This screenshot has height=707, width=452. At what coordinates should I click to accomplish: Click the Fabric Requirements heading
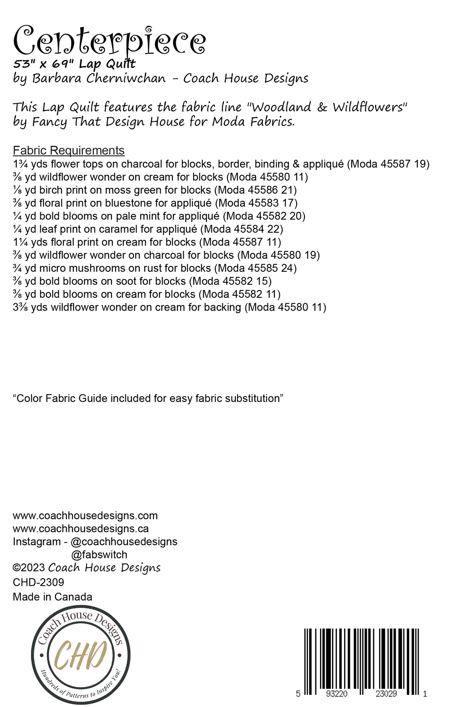69,150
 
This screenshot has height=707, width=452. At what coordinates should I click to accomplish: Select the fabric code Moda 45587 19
388,164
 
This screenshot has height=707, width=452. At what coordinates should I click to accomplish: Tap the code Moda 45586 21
257,190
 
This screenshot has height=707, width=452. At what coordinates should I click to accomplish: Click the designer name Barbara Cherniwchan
99,78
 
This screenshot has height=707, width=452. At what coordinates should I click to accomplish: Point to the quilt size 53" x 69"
43,64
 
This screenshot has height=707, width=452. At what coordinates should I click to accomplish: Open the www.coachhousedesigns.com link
85,516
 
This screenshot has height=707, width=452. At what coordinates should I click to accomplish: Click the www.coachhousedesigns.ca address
81,529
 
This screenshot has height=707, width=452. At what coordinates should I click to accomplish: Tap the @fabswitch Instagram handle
99,555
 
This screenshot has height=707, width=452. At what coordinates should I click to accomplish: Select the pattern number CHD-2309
38,582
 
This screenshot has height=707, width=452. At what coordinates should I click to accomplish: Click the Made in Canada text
53,597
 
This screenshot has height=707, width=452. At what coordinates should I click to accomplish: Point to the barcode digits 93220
337,694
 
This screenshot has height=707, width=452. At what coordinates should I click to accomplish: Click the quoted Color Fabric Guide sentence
148,398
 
